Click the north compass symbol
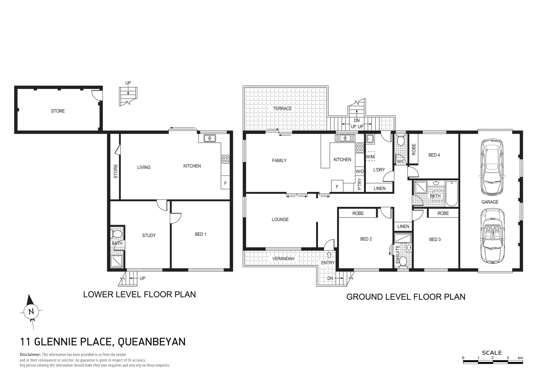[x=31, y=312]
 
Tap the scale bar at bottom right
[x=493, y=362]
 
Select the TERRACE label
[x=282, y=108]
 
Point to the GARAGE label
[x=490, y=202]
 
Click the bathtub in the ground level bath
[x=452, y=194]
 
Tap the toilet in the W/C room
[x=400, y=141]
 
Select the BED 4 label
[x=434, y=155]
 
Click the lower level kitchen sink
[x=209, y=138]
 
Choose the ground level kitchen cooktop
[x=360, y=148]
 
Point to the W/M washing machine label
[x=370, y=156]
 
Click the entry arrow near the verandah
[x=329, y=255]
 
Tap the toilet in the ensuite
[x=403, y=262]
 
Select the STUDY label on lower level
[x=149, y=235]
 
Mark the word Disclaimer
[x=30, y=354]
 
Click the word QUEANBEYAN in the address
[x=151, y=342]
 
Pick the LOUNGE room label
[x=280, y=219]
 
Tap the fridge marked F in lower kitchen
[x=225, y=183]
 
